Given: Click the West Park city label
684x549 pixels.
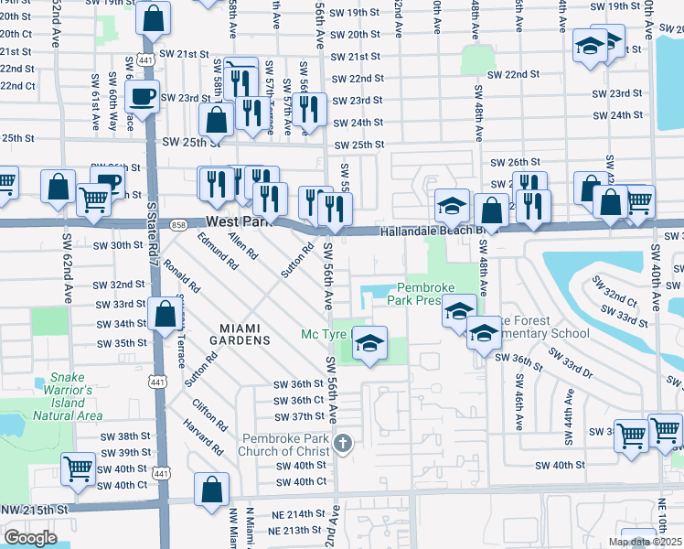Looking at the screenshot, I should click(240, 222).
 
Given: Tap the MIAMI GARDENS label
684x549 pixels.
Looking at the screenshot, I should click(244, 334).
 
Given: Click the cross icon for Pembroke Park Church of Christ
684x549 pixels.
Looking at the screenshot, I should click(343, 444).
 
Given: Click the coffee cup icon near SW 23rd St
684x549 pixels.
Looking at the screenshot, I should click(142, 96).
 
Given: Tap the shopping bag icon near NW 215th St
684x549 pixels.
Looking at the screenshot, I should click(211, 488).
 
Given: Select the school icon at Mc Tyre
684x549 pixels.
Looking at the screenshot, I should click(369, 344).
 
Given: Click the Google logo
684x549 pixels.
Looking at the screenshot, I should click(30, 537).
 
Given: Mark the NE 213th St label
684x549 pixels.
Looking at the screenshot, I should click(283, 531).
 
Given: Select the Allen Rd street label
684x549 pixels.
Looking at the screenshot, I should click(242, 243).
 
